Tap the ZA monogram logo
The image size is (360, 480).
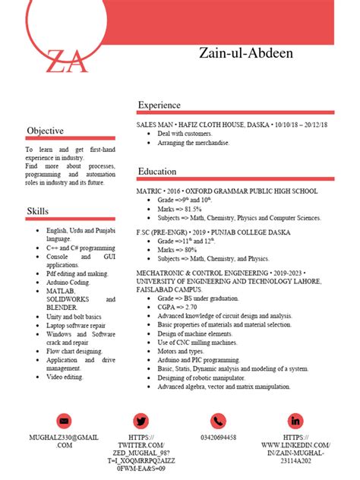tap(66, 60)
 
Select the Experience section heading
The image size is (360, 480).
tap(159, 105)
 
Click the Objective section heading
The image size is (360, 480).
tap(46, 131)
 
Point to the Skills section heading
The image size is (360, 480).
tap(39, 210)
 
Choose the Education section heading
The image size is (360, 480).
tap(157, 172)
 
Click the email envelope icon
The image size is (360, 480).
tap(64, 421)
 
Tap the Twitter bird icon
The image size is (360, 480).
tap(141, 421)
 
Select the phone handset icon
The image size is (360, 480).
tap(218, 421)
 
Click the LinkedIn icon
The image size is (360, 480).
tap(295, 421)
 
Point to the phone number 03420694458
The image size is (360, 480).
tap(218, 437)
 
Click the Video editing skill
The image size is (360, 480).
tap(65, 377)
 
